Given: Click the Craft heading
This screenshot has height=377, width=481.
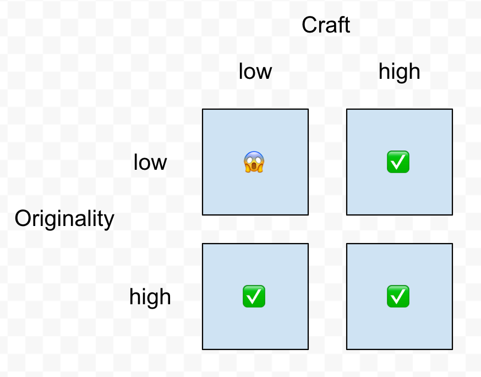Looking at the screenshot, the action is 326,25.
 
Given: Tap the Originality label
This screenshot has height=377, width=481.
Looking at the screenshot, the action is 64,219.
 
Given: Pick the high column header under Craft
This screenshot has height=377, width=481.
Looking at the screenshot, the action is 399,72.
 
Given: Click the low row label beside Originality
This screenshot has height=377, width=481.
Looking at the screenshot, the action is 150,163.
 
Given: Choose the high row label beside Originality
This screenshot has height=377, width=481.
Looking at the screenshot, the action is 150,298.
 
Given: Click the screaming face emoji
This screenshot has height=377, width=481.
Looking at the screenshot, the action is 254,162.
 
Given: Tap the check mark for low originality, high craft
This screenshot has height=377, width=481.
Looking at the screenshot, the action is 398,162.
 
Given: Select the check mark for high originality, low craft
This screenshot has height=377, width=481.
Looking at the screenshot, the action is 254,297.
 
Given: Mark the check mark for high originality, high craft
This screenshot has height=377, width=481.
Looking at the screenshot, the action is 398,297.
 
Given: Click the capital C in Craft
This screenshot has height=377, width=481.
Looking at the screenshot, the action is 309,25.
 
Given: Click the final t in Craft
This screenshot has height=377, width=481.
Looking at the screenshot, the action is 347,25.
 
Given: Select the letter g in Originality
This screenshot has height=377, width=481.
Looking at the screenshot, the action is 54,221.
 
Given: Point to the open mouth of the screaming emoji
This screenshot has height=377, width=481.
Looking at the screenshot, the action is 254,166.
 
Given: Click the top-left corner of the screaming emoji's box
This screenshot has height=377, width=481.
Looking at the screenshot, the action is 203,109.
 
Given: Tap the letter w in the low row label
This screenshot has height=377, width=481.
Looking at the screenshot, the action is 159,164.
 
